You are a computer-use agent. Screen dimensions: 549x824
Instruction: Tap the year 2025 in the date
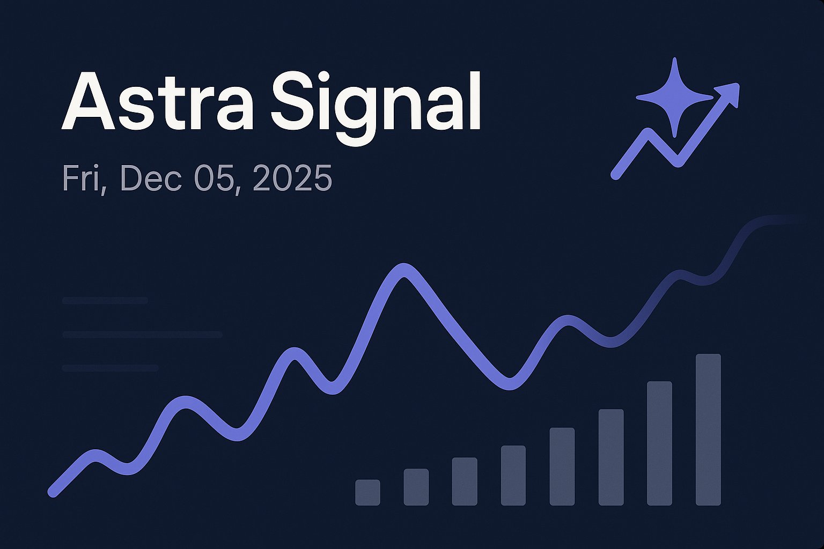pos(292,179)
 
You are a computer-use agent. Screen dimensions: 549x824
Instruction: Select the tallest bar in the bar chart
pos(708,429)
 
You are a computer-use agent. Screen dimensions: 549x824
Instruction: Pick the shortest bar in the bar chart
pos(367,492)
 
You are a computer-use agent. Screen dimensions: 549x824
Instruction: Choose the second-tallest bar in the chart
pos(659,443)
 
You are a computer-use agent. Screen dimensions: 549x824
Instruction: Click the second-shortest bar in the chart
pos(416,487)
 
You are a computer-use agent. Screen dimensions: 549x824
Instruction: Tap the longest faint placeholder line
pos(142,335)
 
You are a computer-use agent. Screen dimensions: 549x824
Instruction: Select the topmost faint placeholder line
pos(105,301)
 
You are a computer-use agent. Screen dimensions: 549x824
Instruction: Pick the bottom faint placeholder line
pos(110,368)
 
